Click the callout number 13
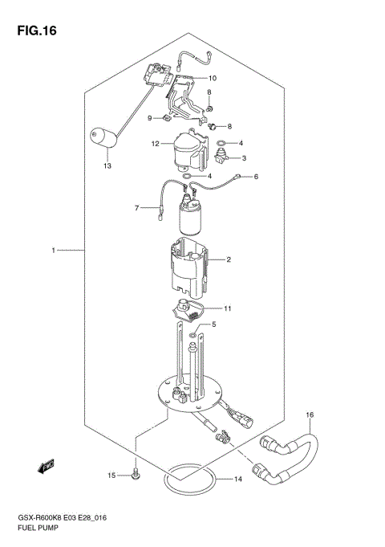pos(106,166)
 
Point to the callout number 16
pos(310,414)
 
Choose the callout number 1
pos(53,251)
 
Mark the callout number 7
pos(137,209)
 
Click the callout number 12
pos(156,145)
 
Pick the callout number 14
pos(237,480)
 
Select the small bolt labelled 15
pos(136,475)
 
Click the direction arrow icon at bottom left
pos(47,464)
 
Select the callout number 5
pos(213,325)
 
